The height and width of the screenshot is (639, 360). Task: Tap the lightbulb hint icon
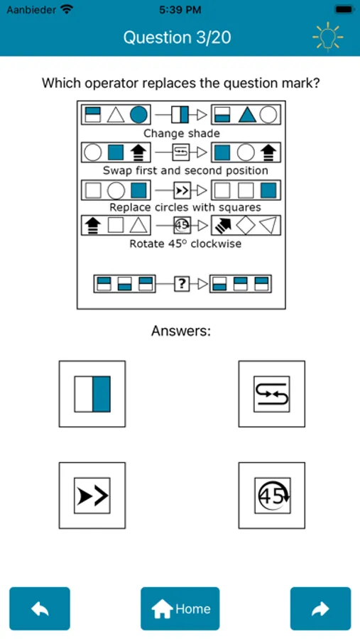pyautogui.click(x=328, y=37)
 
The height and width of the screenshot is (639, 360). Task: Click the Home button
pyautogui.click(x=180, y=608)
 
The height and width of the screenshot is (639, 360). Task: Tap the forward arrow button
pyautogui.click(x=320, y=608)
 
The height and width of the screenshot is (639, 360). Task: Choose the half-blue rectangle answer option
pyautogui.click(x=92, y=393)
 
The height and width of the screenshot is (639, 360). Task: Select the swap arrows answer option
pyautogui.click(x=271, y=393)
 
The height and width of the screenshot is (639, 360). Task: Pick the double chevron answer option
pyautogui.click(x=92, y=496)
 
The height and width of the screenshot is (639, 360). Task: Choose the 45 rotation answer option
pyautogui.click(x=271, y=496)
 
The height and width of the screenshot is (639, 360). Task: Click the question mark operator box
pyautogui.click(x=182, y=283)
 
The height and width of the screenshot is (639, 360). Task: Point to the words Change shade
pyautogui.click(x=182, y=133)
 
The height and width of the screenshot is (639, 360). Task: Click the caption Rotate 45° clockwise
pyautogui.click(x=185, y=244)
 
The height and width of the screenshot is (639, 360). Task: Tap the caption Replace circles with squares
pyautogui.click(x=185, y=207)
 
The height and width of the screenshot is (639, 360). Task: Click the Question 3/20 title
pyautogui.click(x=178, y=38)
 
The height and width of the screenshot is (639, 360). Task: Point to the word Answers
pyautogui.click(x=181, y=331)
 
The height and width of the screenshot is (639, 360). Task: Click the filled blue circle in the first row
pyautogui.click(x=138, y=114)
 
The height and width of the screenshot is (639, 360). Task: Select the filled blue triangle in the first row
pyautogui.click(x=247, y=115)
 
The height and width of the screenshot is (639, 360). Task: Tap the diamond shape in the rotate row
pyautogui.click(x=246, y=226)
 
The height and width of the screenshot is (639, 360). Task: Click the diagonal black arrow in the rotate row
pyautogui.click(x=223, y=225)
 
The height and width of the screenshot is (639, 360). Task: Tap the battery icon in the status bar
pyautogui.click(x=344, y=9)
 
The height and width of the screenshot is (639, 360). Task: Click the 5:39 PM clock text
pyautogui.click(x=180, y=10)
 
